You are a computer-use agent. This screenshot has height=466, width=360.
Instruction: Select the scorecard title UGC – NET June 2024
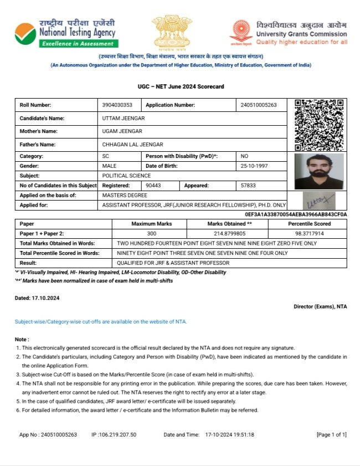click(181, 87)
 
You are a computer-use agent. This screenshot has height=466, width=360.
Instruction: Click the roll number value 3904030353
click(117, 105)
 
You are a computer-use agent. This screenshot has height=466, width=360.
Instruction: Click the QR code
click(318, 125)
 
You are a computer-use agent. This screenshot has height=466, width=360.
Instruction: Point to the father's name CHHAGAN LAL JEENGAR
click(133, 145)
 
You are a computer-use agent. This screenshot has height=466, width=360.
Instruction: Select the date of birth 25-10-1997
click(255, 166)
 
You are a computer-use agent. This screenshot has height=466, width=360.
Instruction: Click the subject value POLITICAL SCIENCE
click(127, 176)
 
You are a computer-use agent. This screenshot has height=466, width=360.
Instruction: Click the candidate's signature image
click(319, 201)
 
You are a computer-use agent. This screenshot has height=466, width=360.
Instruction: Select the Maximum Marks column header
click(151, 224)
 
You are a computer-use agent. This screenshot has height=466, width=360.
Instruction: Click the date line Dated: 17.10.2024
click(37, 298)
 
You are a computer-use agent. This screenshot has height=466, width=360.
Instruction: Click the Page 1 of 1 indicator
click(331, 435)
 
